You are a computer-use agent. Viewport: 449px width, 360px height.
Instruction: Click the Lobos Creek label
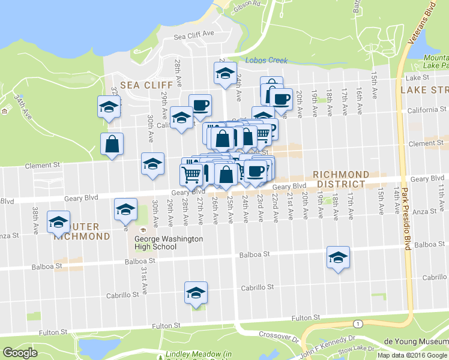coord(267,61)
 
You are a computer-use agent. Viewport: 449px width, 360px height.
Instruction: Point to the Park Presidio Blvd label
coord(405,225)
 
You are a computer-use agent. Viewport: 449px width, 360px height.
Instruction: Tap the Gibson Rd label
coord(246,4)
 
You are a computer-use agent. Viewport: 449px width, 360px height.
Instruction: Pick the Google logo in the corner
coord(20,353)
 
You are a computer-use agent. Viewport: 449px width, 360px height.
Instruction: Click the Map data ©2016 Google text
coord(412,355)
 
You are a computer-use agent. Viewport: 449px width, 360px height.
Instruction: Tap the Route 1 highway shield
coord(359,324)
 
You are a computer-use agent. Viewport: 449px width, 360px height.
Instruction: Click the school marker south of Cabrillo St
coord(196,293)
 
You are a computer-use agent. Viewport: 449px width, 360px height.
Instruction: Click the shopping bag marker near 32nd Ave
coord(112,144)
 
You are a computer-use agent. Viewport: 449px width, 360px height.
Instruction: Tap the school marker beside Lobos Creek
coord(225,74)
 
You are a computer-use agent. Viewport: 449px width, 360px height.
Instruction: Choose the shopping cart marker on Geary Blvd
coord(191,174)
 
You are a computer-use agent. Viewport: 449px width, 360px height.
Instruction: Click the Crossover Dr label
coord(279,335)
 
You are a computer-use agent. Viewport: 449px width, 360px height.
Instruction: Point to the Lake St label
coord(418,78)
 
